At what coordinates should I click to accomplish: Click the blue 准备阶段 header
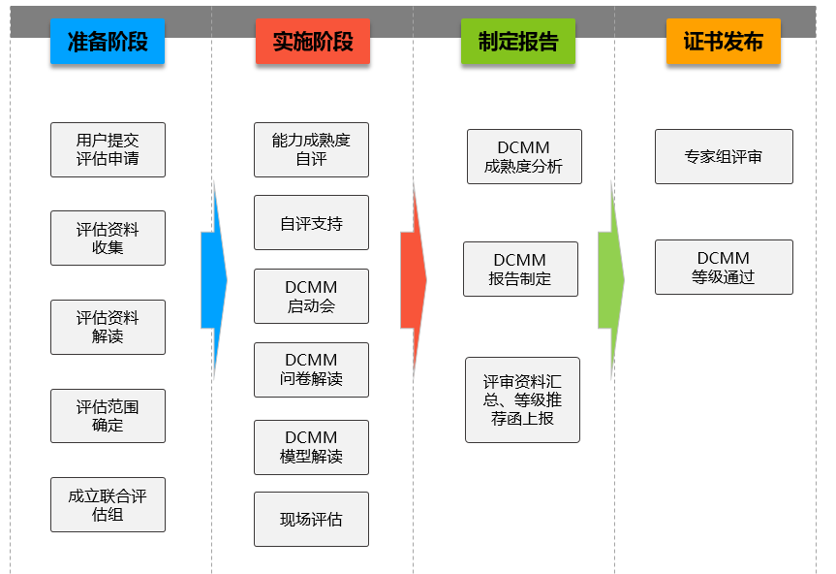tap(107, 42)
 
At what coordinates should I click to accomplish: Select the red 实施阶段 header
tap(312, 42)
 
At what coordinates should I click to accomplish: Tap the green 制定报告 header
tap(517, 42)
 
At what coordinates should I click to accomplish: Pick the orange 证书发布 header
tap(723, 42)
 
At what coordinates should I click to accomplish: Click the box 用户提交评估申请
tap(108, 149)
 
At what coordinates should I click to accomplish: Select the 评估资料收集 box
tap(108, 238)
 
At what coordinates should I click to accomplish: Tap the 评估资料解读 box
tap(108, 327)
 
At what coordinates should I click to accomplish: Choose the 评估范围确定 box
tap(108, 416)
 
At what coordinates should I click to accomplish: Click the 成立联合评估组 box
tap(108, 504)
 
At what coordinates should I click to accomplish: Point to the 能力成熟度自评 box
tap(311, 149)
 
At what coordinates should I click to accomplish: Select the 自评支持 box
tap(311, 223)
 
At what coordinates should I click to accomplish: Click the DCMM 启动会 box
tap(311, 296)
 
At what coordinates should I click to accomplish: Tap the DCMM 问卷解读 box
tap(311, 369)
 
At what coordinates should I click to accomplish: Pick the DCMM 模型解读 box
tap(311, 447)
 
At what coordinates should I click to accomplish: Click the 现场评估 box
tap(311, 519)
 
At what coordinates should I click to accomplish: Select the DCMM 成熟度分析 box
tap(523, 156)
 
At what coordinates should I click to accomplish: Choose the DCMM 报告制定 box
tap(520, 269)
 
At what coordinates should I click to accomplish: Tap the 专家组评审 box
tap(723, 156)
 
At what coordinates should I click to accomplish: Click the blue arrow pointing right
tap(214, 279)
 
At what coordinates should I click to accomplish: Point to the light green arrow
tap(611, 279)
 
